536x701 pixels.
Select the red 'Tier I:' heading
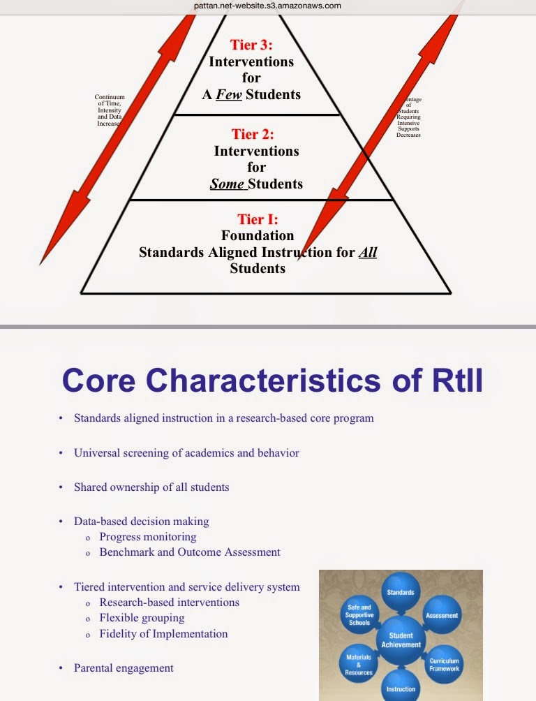point(257,220)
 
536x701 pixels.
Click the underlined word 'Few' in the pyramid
point(229,94)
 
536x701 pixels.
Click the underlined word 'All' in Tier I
point(367,252)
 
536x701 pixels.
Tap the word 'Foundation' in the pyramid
point(258,236)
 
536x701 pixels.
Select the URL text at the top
point(268,6)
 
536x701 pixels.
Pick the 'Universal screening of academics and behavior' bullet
point(186,453)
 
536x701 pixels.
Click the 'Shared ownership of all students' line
point(151,487)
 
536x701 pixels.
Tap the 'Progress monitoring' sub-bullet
point(148,537)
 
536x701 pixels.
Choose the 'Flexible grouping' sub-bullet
point(142,618)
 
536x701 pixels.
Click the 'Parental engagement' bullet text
point(124,668)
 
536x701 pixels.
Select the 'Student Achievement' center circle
point(400,640)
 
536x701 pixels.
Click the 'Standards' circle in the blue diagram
point(401,593)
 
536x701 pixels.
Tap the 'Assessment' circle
point(442,615)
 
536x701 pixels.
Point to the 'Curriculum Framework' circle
point(444,664)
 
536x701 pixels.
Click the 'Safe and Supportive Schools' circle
point(359,614)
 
